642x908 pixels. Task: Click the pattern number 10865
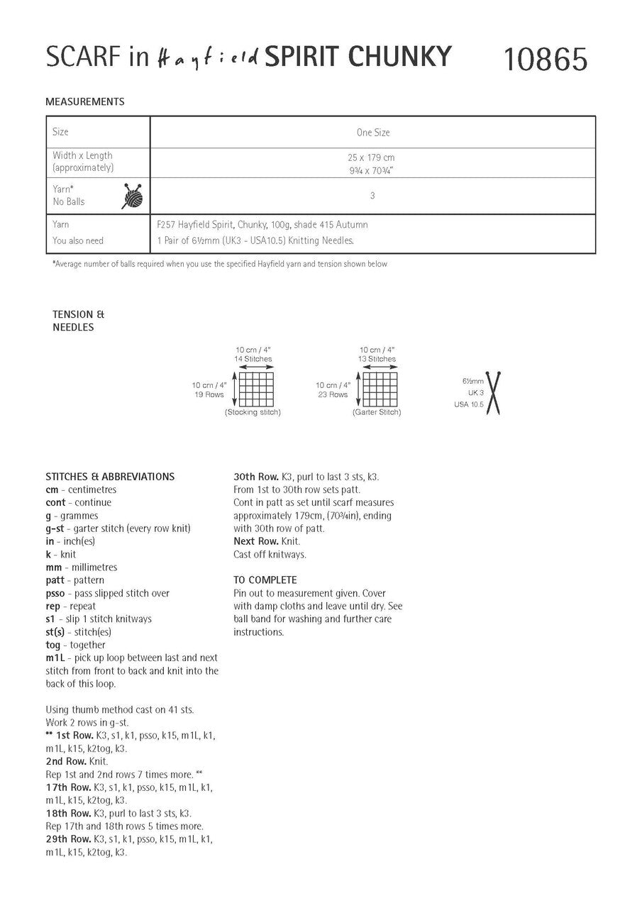(x=545, y=60)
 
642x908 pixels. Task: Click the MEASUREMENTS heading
(x=84, y=101)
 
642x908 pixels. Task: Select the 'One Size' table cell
(x=372, y=133)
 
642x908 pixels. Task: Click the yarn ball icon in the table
(x=132, y=196)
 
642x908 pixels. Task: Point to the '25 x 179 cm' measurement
(x=372, y=156)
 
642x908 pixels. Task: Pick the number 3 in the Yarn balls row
(x=372, y=196)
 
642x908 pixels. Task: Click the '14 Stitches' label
(x=253, y=360)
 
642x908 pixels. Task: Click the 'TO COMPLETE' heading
(x=265, y=580)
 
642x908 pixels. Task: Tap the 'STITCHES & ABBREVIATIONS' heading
(x=110, y=477)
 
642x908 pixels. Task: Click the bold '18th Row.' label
(x=68, y=813)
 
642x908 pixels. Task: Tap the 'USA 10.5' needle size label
(x=468, y=404)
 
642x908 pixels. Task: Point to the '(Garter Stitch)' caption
(x=377, y=412)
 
